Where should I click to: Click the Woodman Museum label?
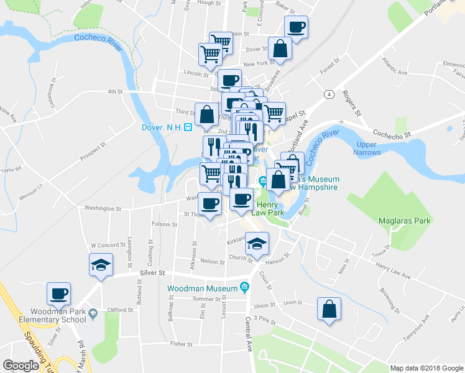point(203,288)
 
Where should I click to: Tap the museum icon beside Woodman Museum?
point(244,288)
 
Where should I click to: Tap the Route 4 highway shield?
point(326,94)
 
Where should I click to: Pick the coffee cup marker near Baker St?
point(296,27)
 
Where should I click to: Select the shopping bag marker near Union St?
point(329,309)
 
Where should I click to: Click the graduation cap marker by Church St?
point(256,244)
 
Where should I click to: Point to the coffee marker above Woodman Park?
point(59,293)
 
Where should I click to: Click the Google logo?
point(21,366)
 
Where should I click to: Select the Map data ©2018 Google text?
point(426,368)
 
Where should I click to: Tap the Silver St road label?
point(153,272)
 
